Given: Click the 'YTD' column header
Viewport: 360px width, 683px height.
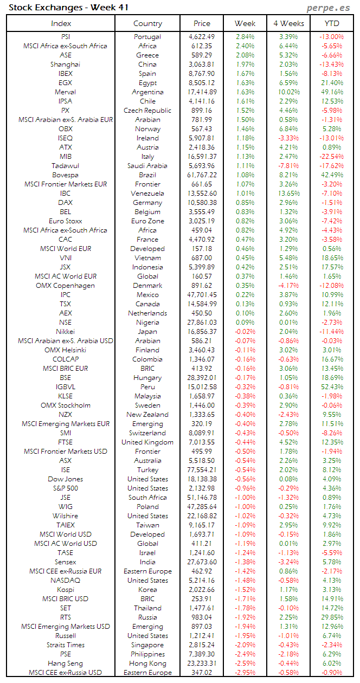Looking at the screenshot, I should (331, 23).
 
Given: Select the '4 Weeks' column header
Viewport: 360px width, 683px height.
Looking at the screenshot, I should (288, 23).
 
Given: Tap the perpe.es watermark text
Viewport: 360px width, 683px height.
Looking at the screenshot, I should (329, 8).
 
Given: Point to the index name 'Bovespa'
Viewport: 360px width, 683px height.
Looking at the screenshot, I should (66, 175).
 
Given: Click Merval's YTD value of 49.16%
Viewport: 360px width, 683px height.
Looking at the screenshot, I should (331, 92).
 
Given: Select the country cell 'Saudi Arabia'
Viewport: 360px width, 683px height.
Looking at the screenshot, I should (147, 165).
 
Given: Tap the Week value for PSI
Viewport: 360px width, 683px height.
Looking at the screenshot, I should (245, 36).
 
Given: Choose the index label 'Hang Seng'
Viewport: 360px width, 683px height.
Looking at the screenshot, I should (66, 663).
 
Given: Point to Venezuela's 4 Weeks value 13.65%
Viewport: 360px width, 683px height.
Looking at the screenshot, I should (287, 193).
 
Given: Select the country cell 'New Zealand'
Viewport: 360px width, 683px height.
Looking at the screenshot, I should (147, 414).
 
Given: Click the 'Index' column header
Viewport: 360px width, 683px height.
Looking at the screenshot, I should (61, 23).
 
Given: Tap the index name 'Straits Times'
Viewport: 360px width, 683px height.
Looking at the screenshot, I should (66, 645).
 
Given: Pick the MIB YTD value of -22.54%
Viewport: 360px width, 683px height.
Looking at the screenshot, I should (331, 156).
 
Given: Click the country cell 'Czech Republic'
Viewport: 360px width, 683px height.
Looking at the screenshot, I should (147, 110).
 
